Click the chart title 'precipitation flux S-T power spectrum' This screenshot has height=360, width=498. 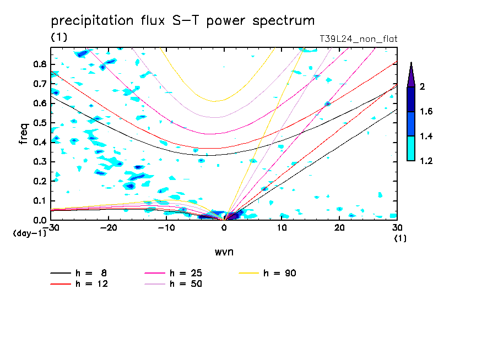point(182,21)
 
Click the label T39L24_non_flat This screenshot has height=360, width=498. point(359,39)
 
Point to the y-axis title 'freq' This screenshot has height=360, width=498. point(24,134)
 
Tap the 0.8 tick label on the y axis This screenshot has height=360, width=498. point(40,64)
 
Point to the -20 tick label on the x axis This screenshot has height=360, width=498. point(108,228)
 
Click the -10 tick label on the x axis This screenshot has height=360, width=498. point(166,228)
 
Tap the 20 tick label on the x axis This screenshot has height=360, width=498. point(339,228)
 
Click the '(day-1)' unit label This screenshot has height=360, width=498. point(29,233)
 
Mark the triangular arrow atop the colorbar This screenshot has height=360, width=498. point(411,74)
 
